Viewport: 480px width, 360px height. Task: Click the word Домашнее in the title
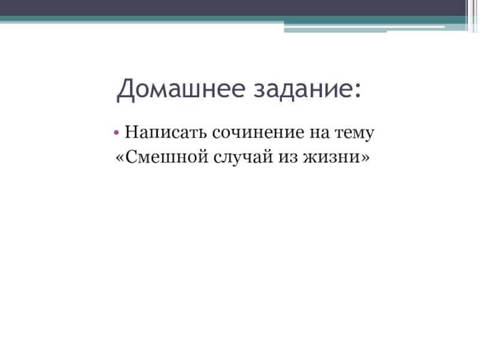coord(181,89)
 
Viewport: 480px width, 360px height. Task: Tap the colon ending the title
coord(358,91)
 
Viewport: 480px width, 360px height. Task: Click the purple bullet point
coord(116,133)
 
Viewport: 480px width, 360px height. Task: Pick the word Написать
coord(166,133)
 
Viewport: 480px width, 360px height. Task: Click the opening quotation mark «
coord(120,158)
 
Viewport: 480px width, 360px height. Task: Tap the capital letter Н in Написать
coord(131,132)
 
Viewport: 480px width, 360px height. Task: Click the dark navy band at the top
coord(233,8)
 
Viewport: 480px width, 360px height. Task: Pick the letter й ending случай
coord(267,157)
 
